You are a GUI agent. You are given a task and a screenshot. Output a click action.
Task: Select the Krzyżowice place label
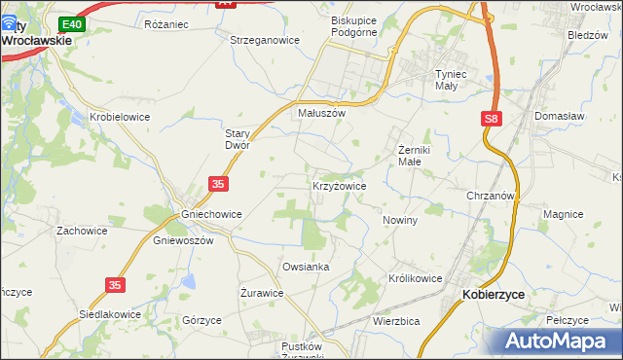(x=339, y=185)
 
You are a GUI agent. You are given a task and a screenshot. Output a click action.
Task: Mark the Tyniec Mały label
(x=459, y=79)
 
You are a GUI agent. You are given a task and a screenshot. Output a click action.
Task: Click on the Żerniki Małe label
(x=423, y=156)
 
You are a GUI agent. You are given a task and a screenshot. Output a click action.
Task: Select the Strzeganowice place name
(x=264, y=40)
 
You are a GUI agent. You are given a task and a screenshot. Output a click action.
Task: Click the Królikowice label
(x=416, y=278)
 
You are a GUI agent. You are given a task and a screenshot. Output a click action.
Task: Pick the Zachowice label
(x=81, y=232)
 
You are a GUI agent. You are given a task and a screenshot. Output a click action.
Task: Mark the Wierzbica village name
(x=396, y=320)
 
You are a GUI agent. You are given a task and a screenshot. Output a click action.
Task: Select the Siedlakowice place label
(x=110, y=315)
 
